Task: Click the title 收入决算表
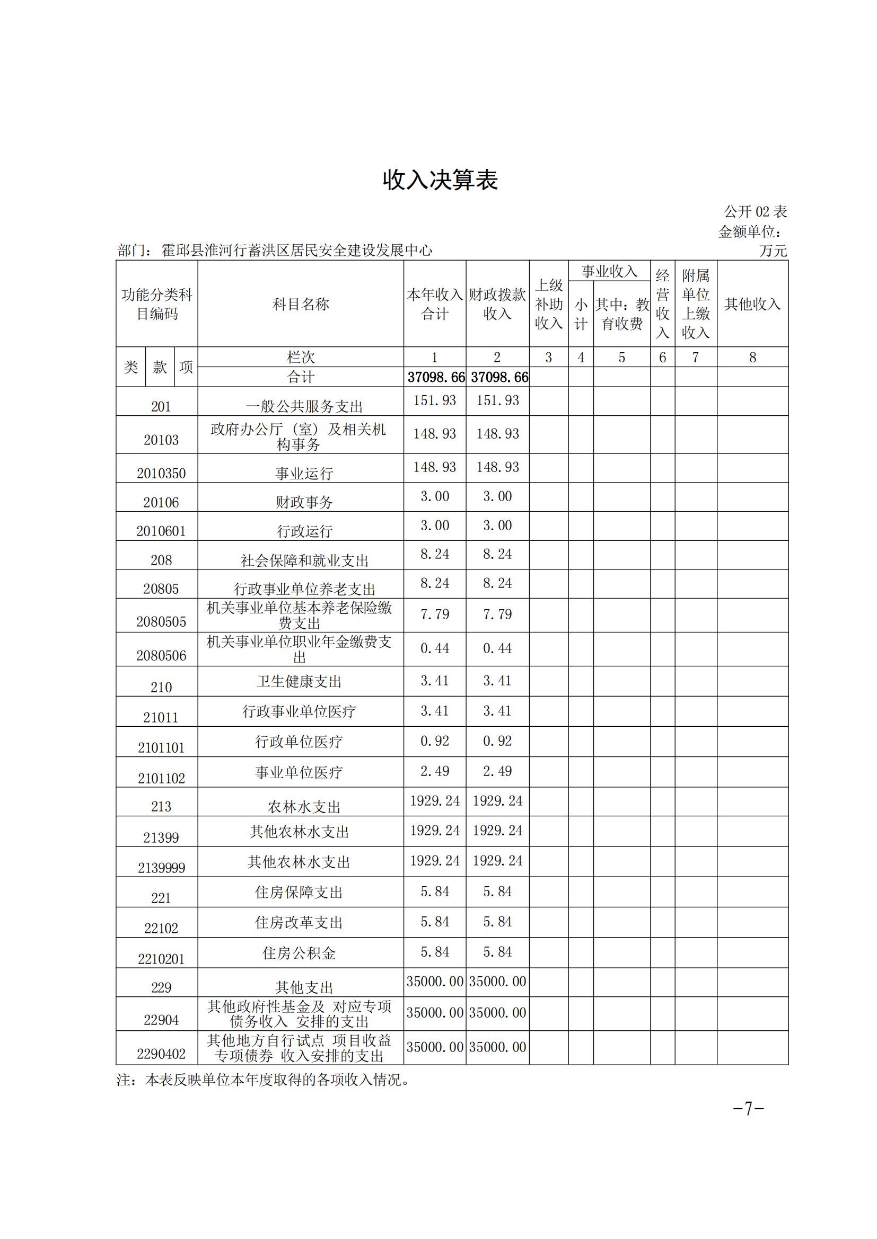point(440,180)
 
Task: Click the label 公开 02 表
point(755,211)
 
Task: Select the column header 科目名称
point(300,305)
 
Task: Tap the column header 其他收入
point(752,305)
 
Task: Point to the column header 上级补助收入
point(549,305)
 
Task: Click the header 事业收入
point(609,271)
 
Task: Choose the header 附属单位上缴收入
point(696,305)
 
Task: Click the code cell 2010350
point(161,473)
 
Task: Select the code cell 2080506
point(161,656)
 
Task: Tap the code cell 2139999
point(161,868)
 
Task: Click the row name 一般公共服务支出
point(304,406)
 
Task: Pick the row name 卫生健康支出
point(299,682)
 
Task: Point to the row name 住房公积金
point(299,953)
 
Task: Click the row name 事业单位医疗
point(299,772)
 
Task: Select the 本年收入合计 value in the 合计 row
point(435,377)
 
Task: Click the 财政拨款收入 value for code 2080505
point(497,614)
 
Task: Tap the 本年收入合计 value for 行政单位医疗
point(435,741)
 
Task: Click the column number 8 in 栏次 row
point(752,357)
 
